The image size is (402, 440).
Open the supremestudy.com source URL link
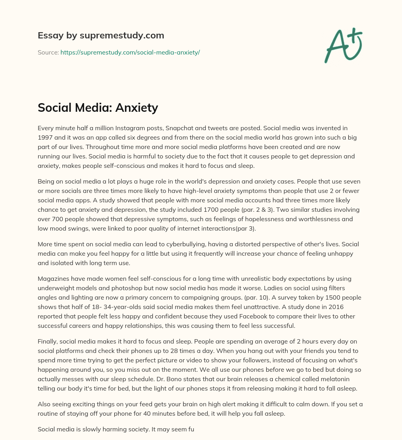130,52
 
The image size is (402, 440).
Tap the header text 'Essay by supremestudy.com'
101,36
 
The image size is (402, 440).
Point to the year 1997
45,137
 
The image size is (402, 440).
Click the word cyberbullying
166,244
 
